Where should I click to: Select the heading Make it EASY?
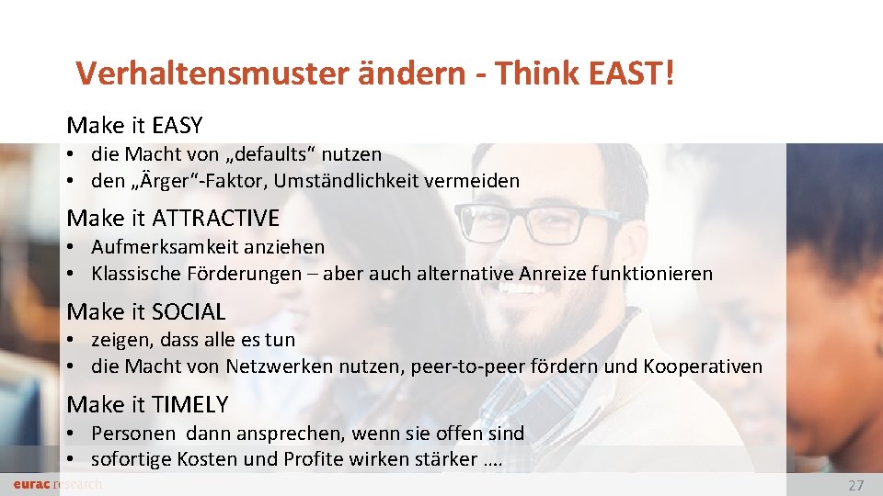point(134,125)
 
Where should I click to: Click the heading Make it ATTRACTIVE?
point(173,218)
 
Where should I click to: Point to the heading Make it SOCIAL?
point(146,311)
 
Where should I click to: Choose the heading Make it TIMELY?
point(147,404)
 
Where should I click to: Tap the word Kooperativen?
point(703,366)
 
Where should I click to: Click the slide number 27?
point(855,486)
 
